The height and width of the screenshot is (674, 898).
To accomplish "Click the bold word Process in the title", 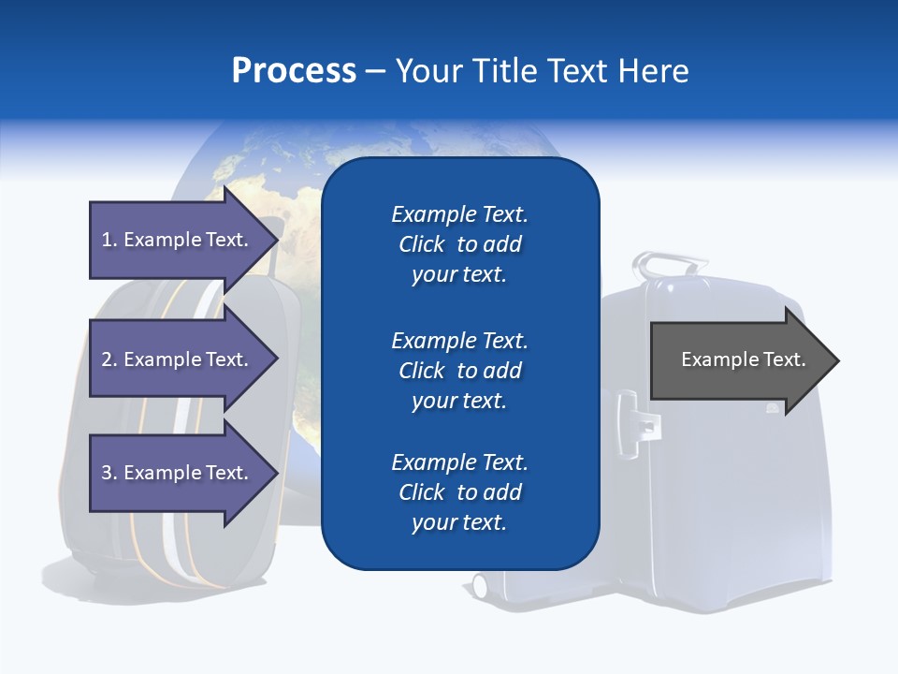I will [x=294, y=71].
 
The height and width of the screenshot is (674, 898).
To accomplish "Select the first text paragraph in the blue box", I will [x=459, y=244].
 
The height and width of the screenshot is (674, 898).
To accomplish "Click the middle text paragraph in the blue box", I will [x=459, y=371].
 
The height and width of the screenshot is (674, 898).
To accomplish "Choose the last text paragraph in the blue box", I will [x=459, y=492].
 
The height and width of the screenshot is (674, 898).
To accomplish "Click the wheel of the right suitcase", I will [x=480, y=586].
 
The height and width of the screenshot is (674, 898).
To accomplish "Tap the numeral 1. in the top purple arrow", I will [x=109, y=240].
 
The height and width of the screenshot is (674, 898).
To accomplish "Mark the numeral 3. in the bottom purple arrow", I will [x=109, y=473].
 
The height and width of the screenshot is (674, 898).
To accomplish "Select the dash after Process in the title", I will [x=375, y=71].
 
